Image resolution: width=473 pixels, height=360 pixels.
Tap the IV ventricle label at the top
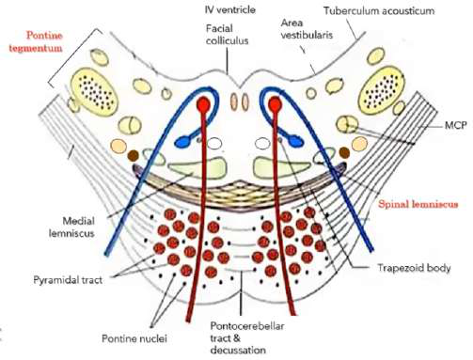click(x=229, y=8)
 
